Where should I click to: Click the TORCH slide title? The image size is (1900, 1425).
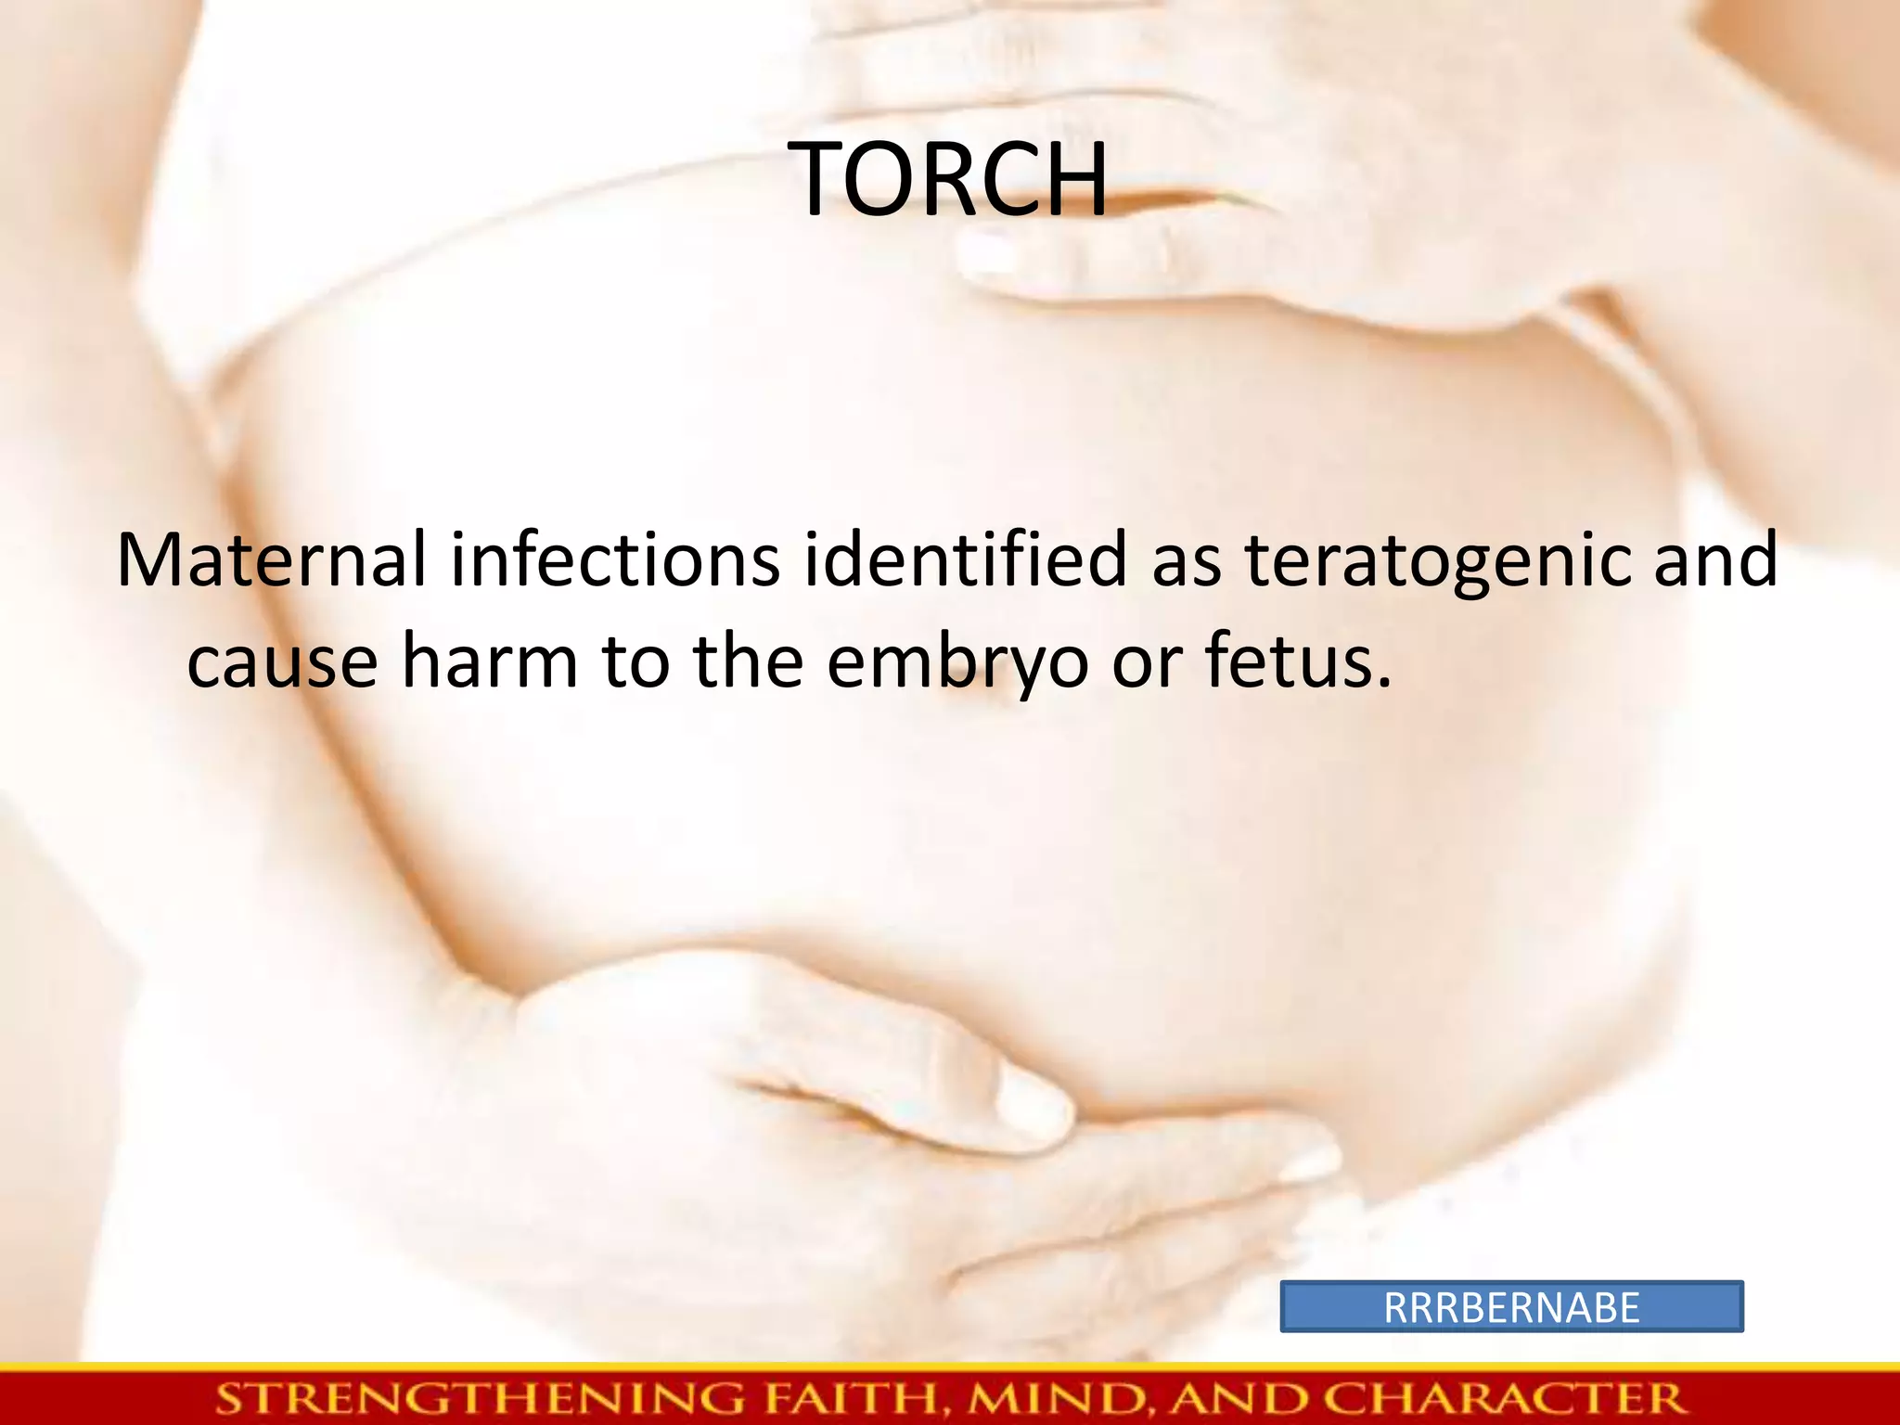point(950,180)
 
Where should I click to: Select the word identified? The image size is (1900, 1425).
point(965,560)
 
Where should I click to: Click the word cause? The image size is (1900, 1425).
point(282,662)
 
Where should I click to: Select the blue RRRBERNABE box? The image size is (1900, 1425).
point(1511,1307)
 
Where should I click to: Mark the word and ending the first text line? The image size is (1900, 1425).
point(1715,560)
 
